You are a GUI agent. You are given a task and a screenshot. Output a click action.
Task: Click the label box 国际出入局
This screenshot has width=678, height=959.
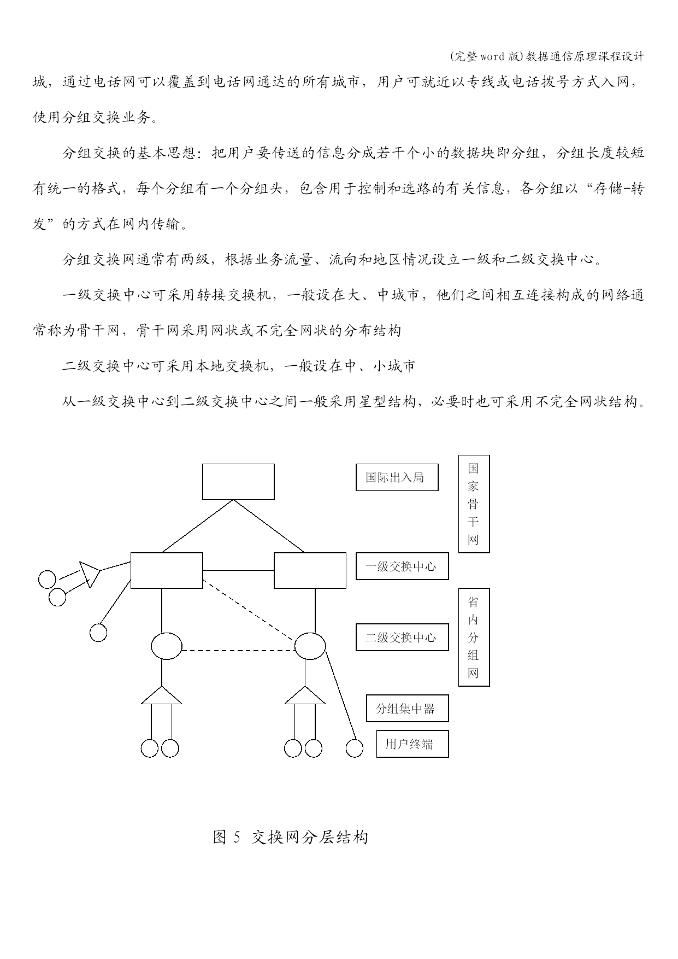coord(397,477)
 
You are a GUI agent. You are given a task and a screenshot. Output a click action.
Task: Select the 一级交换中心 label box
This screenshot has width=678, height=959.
coord(402,566)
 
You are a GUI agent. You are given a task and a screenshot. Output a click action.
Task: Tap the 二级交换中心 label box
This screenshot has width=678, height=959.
coord(402,637)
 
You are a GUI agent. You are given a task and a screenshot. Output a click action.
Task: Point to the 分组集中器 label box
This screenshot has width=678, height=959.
coord(408,709)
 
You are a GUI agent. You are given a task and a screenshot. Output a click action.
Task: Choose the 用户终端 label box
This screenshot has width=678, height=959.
coord(412,744)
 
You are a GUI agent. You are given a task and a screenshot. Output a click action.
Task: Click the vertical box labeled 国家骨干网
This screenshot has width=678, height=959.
coord(474,504)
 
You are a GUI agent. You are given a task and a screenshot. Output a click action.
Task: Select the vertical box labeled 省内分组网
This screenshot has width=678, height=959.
coord(474,637)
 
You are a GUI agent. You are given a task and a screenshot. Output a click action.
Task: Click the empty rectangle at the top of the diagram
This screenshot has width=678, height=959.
coord(238,482)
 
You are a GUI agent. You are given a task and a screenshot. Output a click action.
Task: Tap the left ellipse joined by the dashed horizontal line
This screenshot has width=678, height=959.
coord(167,646)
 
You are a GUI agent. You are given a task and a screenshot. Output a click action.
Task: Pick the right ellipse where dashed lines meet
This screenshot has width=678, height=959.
coord(310,646)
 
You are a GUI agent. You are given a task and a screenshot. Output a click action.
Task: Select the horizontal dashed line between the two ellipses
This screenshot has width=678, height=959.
coord(238,651)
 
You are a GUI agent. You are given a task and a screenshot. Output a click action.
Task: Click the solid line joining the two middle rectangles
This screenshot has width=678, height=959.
coord(238,570)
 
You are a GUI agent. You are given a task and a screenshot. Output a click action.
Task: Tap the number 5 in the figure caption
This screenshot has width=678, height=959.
coord(237,837)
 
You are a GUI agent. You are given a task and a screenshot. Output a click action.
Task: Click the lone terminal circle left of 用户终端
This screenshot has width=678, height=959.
coord(355,749)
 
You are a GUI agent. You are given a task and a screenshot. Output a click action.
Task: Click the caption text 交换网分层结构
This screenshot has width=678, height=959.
coord(310,837)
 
